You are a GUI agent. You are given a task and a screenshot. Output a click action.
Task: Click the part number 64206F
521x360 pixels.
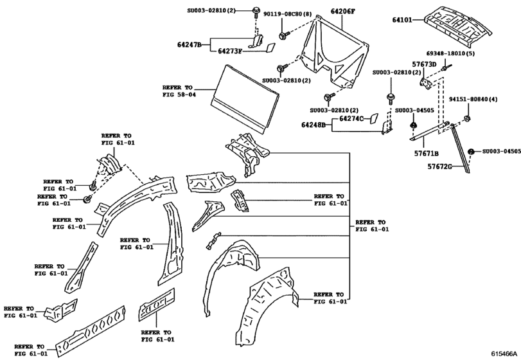[x=345, y=12]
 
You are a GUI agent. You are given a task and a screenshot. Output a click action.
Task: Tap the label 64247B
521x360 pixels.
[x=190, y=44]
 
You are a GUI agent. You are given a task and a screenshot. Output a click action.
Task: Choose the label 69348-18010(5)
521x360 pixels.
[x=452, y=54]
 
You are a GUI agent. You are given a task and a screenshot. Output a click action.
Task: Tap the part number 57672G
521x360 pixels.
[x=440, y=166]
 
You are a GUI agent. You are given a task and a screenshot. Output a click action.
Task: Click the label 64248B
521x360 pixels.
[x=318, y=125]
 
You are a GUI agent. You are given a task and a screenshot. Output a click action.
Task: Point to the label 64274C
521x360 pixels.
[x=351, y=118]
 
